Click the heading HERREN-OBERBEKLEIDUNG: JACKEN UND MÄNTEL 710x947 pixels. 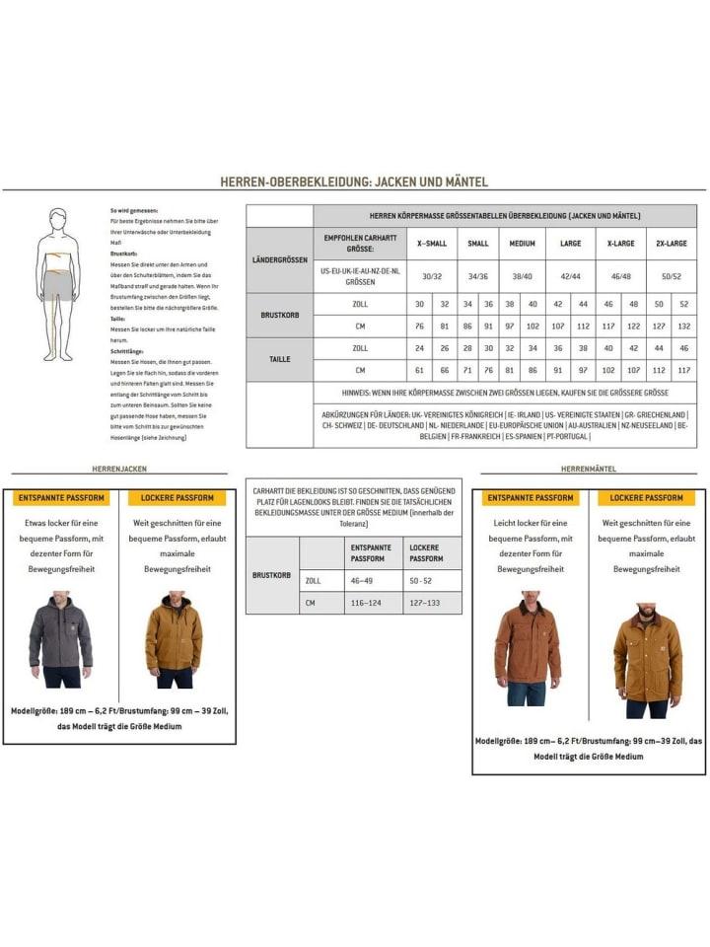[x=354, y=182]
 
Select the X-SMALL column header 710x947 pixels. [x=431, y=243]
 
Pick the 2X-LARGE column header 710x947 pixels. [x=673, y=243]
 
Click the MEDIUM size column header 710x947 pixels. [x=523, y=243]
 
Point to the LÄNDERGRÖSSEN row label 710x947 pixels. [x=279, y=260]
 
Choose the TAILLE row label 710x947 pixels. [x=279, y=359]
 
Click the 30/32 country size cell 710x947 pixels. [x=431, y=278]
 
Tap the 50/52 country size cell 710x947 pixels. [x=673, y=278]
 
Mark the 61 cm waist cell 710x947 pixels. [x=419, y=370]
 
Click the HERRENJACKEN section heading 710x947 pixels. [x=118, y=470]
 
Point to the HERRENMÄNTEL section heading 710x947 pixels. [x=589, y=470]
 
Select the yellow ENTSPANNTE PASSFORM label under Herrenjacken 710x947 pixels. [x=61, y=498]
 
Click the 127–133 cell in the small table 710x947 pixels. [x=431, y=602]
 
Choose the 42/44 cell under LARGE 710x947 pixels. [x=570, y=278]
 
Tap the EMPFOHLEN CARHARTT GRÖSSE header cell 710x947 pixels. [x=361, y=243]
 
